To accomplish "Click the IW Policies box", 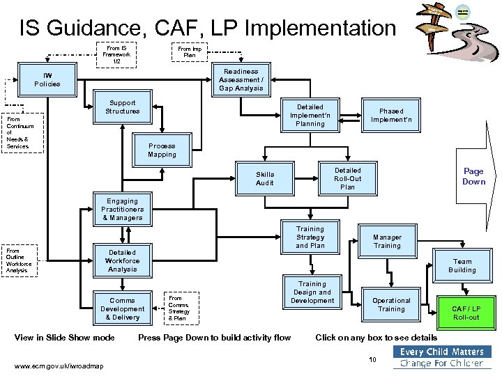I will [47, 80].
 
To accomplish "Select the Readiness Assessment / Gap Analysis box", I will [241, 80].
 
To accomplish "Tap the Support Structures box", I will [123, 107].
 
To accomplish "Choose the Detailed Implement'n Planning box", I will [310, 116].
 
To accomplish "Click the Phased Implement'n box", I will [391, 116].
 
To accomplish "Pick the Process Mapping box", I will [162, 150].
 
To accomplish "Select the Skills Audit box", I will [265, 179].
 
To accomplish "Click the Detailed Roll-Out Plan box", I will [347, 179].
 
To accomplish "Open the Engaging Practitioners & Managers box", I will [123, 210].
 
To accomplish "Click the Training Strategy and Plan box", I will [310, 237].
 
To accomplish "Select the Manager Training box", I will [387, 242].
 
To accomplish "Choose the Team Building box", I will [462, 266].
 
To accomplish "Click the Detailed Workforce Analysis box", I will [123, 261].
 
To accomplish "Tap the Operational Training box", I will [391, 305].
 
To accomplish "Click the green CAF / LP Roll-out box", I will [466, 313].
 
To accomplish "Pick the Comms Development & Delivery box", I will [123, 309].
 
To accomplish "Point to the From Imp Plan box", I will [190, 52].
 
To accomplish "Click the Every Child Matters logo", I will [441, 357].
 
